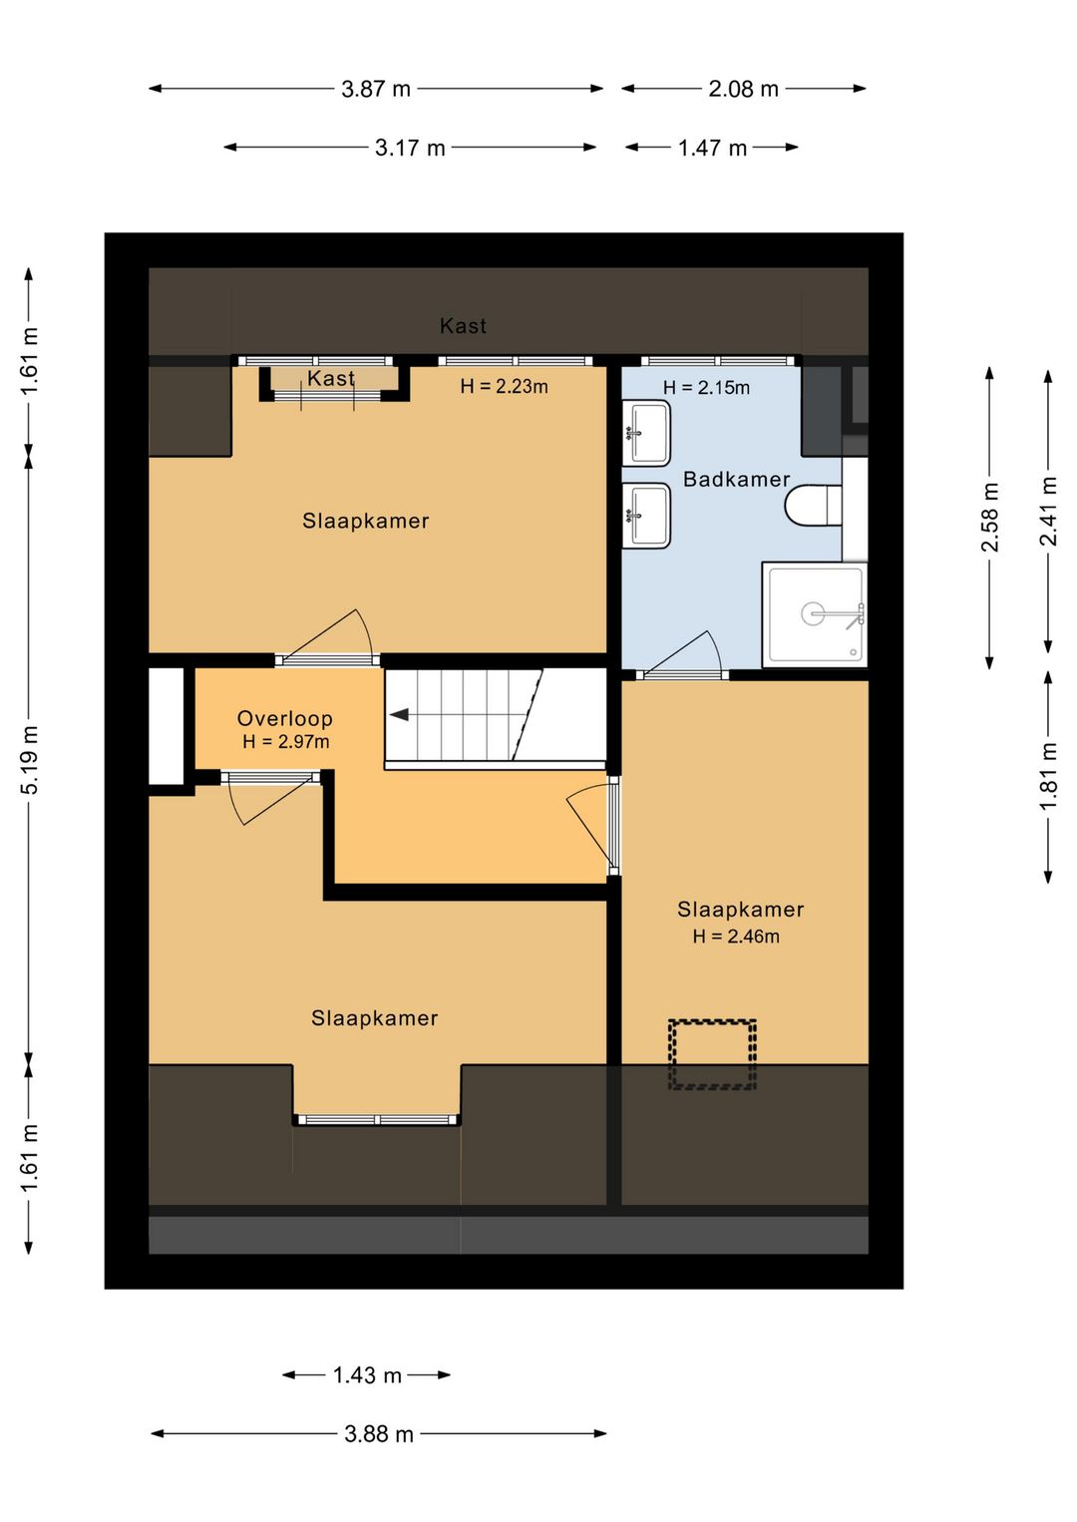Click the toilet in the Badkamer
click(x=813, y=505)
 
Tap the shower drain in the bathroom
click(x=814, y=612)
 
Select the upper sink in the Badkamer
click(x=645, y=433)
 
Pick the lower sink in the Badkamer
click(x=645, y=516)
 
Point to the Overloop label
click(x=285, y=718)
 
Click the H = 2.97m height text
click(x=285, y=741)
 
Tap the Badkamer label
click(x=736, y=479)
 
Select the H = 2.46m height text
click(x=736, y=937)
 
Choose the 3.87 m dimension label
click(x=376, y=89)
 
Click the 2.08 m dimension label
click(x=743, y=89)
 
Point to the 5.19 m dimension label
click(x=30, y=759)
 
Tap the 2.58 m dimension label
click(x=990, y=517)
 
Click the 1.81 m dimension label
click(x=1048, y=776)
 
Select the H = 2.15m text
click(x=706, y=388)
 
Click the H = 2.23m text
click(x=504, y=387)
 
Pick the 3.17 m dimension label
click(x=410, y=149)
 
